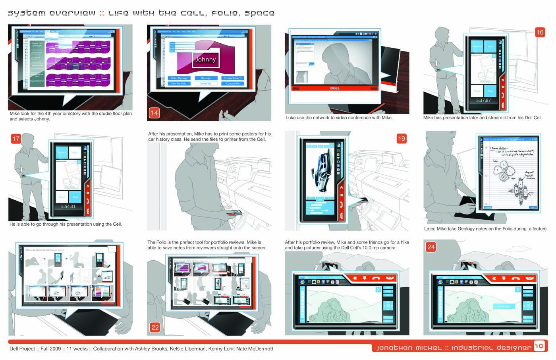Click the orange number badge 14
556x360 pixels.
pyautogui.click(x=154, y=113)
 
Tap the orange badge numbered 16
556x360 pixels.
pyautogui.click(x=540, y=32)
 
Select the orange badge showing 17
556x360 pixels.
pyautogui.click(x=15, y=139)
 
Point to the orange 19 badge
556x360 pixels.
pyautogui.click(x=401, y=139)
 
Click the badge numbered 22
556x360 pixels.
pyautogui.click(x=155, y=327)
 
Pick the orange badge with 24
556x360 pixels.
pyautogui.click(x=431, y=247)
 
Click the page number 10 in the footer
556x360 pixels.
pyautogui.click(x=539, y=346)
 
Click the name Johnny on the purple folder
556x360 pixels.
pyautogui.click(x=205, y=60)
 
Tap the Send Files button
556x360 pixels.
pyautogui.click(x=206, y=83)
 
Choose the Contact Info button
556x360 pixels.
pyautogui.click(x=233, y=83)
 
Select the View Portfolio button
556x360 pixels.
pyautogui.click(x=179, y=83)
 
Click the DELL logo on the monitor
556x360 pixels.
pyautogui.click(x=335, y=88)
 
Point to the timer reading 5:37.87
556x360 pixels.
pyautogui.click(x=483, y=101)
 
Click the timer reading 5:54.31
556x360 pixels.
pyautogui.click(x=68, y=207)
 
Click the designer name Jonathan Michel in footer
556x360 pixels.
pyautogui.click(x=409, y=348)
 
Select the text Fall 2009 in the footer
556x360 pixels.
pyautogui.click(x=50, y=349)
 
